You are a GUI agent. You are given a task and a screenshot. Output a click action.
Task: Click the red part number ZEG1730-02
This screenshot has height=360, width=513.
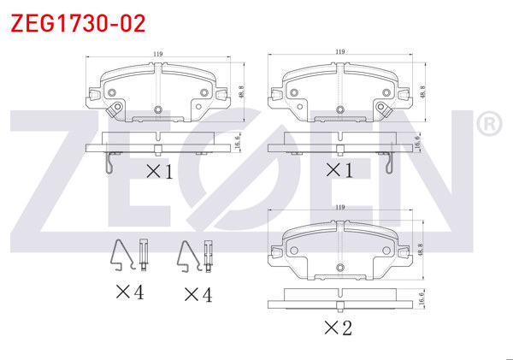[x=78, y=24]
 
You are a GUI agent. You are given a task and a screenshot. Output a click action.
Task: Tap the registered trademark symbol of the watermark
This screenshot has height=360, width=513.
[x=489, y=124]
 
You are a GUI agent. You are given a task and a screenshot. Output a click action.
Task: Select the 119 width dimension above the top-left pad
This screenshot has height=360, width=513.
[x=158, y=54]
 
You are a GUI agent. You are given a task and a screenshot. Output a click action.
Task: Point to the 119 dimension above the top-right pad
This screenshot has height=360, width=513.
[x=340, y=51]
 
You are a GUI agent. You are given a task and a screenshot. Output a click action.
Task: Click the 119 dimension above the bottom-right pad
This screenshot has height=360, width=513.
[x=340, y=207]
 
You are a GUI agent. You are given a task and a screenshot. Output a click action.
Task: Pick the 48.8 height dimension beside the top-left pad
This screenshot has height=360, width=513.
[x=241, y=92]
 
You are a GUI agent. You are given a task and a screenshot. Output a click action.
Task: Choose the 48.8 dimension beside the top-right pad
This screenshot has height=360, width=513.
[x=422, y=92]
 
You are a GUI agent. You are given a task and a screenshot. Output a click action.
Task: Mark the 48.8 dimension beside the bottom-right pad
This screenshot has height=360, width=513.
[x=421, y=250]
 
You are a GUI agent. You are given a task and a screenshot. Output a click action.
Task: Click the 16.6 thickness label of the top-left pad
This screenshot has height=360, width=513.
[x=238, y=142]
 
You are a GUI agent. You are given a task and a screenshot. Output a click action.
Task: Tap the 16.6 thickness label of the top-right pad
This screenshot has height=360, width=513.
[x=417, y=143]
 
